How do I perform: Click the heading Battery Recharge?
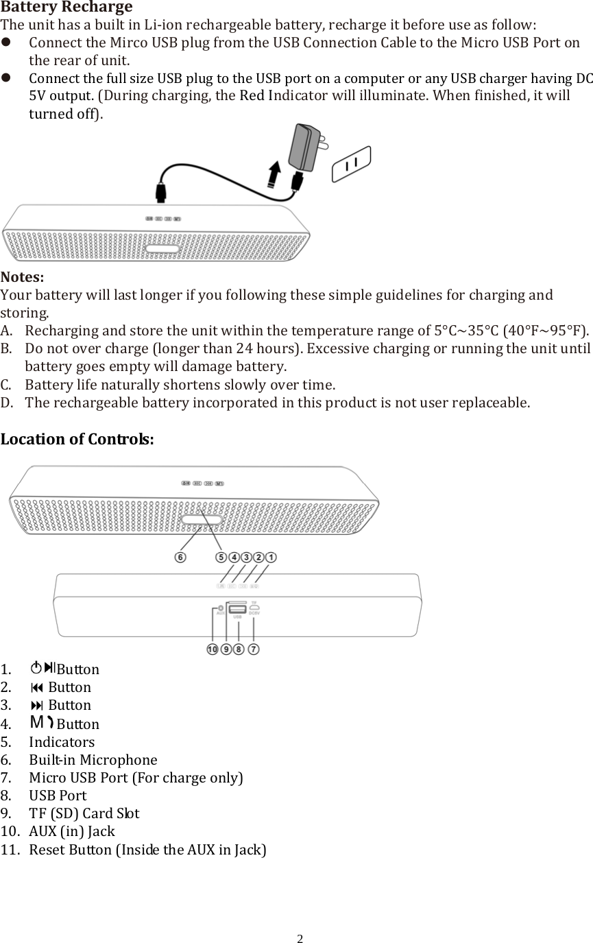[x=66, y=8]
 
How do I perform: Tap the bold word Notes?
[x=22, y=278]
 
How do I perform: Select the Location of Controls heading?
[x=77, y=439]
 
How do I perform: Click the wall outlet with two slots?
[x=352, y=164]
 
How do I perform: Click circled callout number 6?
[x=180, y=558]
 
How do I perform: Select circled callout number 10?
[x=213, y=649]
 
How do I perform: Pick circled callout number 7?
[x=254, y=649]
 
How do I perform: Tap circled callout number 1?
[x=271, y=558]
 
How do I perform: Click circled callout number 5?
[x=221, y=558]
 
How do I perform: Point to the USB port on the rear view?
[x=237, y=609]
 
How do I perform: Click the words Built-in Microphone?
[x=93, y=760]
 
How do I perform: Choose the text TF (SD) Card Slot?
[x=84, y=813]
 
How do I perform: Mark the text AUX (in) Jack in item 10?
[x=72, y=831]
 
